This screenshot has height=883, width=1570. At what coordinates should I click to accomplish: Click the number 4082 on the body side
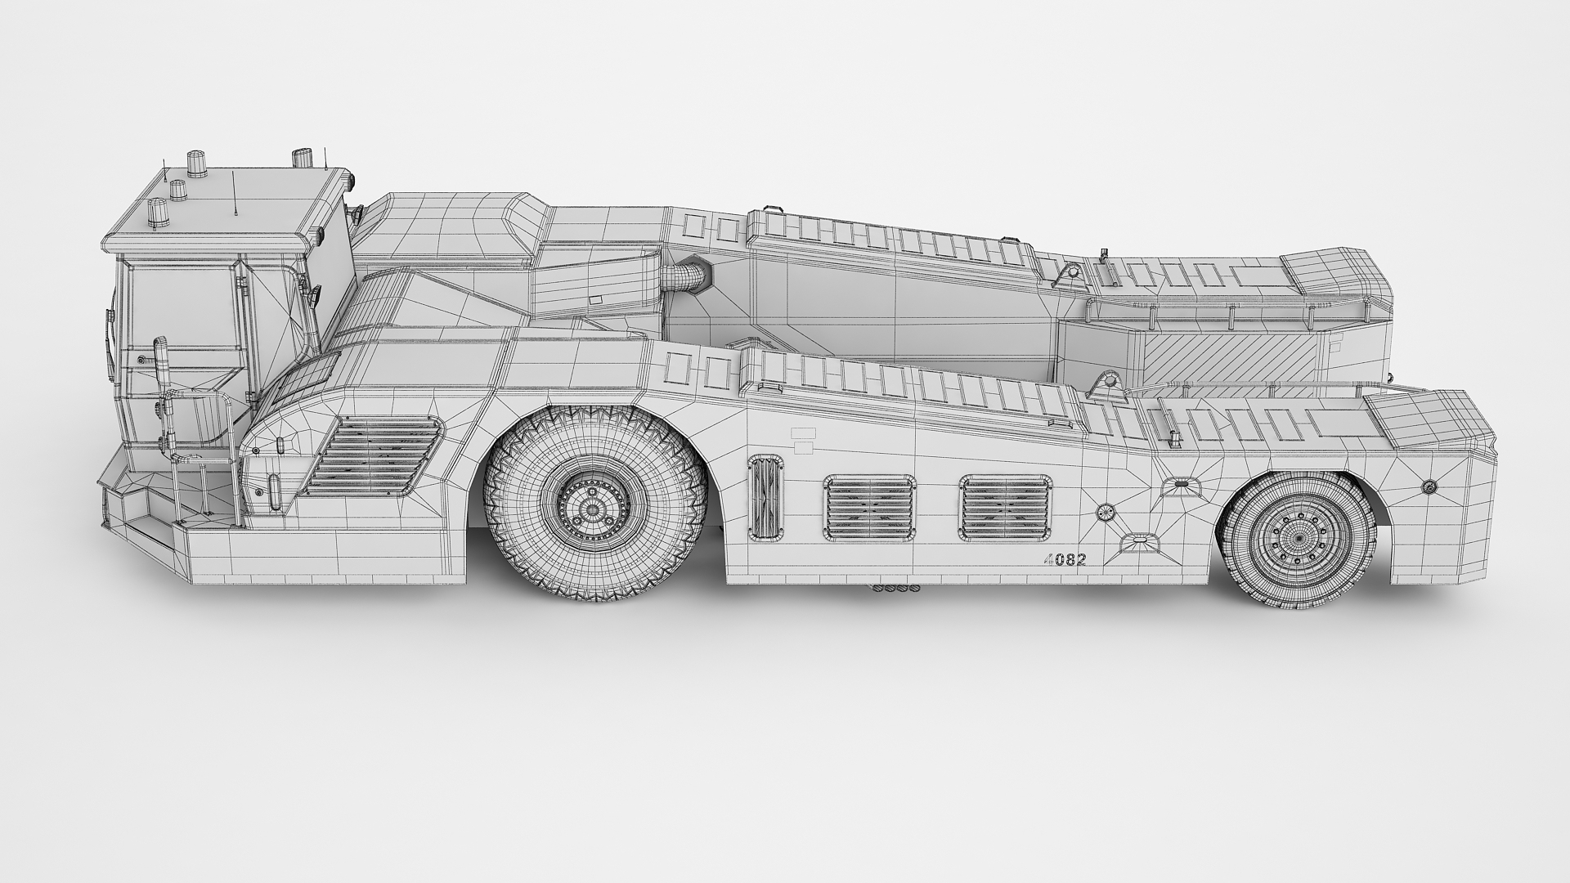pyautogui.click(x=1065, y=560)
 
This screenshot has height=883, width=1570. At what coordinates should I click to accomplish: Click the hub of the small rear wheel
pyautogui.click(x=1298, y=539)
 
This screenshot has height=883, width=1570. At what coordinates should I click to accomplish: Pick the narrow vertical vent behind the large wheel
pyautogui.click(x=765, y=497)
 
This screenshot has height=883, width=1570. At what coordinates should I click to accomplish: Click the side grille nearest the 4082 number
pyautogui.click(x=1005, y=508)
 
